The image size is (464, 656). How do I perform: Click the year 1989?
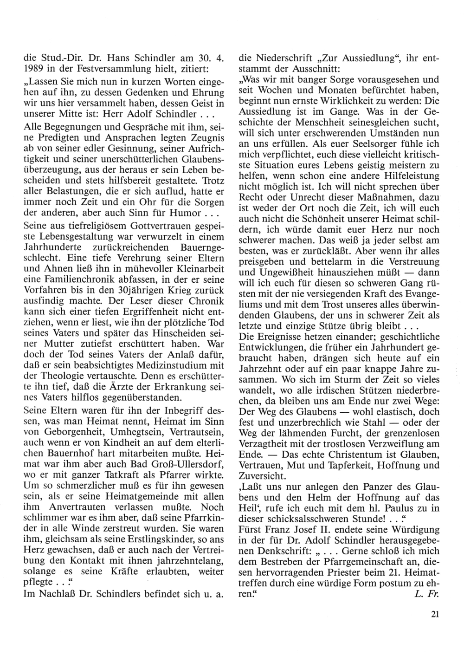(33, 69)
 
